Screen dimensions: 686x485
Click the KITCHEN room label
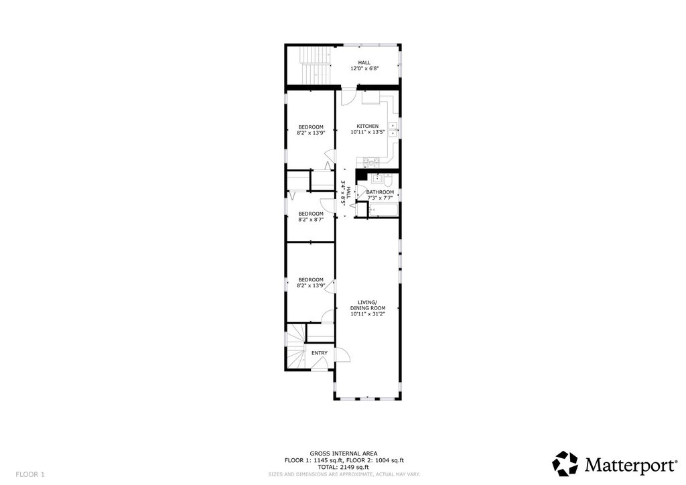(x=368, y=126)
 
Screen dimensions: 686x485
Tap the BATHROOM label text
(x=380, y=192)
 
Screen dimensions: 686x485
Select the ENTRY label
(x=320, y=353)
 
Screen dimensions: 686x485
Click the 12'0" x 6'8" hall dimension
(x=364, y=68)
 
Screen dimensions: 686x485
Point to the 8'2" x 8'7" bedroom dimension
(x=311, y=220)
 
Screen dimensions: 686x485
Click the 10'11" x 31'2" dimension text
(x=368, y=314)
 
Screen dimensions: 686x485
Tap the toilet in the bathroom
(x=389, y=180)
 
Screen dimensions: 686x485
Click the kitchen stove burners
(x=371, y=162)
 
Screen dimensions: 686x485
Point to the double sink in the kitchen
(x=393, y=130)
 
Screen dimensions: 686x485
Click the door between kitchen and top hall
(x=348, y=97)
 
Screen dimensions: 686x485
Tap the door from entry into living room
(x=343, y=354)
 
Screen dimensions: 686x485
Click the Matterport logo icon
(x=565, y=464)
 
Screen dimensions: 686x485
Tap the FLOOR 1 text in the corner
(x=30, y=474)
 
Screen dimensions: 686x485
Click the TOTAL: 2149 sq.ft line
(x=344, y=467)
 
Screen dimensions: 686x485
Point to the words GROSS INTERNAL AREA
(x=344, y=454)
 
